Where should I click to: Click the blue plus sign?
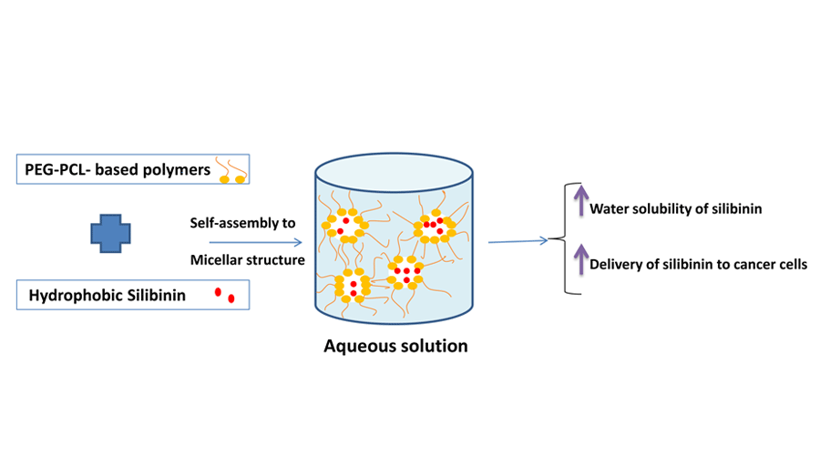pyautogui.click(x=112, y=233)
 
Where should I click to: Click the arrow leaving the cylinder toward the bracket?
pyautogui.click(x=518, y=241)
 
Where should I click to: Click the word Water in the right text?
pyautogui.click(x=610, y=209)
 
